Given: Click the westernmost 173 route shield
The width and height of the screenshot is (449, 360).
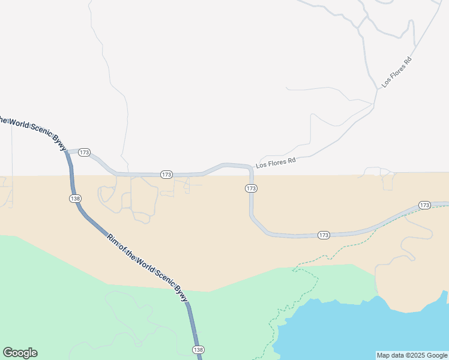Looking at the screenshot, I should [x=84, y=152].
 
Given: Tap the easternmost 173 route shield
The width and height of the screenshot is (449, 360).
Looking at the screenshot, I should [x=425, y=205].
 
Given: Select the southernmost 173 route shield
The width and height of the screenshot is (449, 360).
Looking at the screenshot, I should [x=324, y=235].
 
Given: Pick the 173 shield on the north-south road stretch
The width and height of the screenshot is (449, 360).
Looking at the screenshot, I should [x=252, y=188].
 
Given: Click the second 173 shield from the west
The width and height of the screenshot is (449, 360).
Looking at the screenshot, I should [x=167, y=174].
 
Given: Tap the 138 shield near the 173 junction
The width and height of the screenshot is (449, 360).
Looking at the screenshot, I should [x=75, y=198].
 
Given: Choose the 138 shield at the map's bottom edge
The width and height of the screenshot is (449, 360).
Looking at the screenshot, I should [x=199, y=350].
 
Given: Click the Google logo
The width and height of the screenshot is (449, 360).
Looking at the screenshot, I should [x=20, y=353].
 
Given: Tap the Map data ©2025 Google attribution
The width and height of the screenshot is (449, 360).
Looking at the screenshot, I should [x=412, y=355].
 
